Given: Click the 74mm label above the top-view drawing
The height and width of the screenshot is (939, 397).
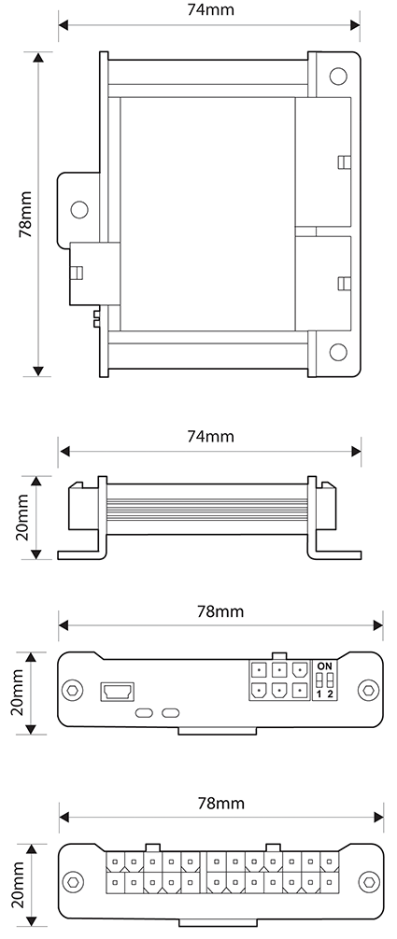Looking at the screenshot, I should tap(210, 10).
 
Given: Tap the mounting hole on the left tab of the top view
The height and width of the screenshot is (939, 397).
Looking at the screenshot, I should tap(79, 208).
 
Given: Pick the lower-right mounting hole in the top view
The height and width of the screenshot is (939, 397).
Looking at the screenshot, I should tap(336, 354).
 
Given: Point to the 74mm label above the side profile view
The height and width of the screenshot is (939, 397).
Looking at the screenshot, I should tap(210, 436).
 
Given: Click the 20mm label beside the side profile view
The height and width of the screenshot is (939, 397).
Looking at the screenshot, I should tap(25, 517).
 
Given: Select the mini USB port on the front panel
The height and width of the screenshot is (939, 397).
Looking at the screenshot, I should tap(118, 691).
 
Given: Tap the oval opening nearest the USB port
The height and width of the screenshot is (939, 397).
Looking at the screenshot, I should tap(145, 713).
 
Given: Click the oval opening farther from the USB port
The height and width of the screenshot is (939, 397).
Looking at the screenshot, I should tap(170, 713).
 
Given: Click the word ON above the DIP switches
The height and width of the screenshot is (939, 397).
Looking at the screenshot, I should tap(324, 665).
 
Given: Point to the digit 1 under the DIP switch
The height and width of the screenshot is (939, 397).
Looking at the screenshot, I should tap(319, 694).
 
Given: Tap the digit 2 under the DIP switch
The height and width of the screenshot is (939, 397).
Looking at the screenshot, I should tap(330, 694).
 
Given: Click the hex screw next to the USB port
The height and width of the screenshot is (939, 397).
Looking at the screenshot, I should tap(73, 691).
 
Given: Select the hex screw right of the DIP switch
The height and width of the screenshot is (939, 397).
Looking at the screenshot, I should tap(370, 691).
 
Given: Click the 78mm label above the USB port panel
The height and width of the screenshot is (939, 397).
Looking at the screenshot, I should tap(220, 611).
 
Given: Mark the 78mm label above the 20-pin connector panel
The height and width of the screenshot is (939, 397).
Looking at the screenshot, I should tap(220, 804).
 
